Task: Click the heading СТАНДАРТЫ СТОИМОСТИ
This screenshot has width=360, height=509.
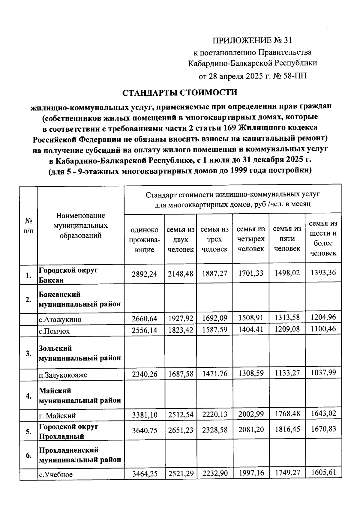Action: coord(180,92)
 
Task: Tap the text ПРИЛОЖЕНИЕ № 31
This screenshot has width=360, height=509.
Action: coord(252,40)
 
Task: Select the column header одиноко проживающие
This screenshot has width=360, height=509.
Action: coord(144,240)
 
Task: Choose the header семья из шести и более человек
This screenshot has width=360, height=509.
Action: coord(323,238)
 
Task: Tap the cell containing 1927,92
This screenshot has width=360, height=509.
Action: coord(181,318)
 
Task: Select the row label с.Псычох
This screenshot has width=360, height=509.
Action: coord(54,331)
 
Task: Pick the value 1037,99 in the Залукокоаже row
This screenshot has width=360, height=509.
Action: coord(323,373)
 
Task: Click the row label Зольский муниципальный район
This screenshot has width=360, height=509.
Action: coord(80,353)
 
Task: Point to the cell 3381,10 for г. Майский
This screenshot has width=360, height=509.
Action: coord(144,415)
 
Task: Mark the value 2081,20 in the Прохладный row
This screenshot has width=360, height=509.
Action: coord(251,430)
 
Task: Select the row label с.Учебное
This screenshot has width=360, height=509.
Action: coord(56,475)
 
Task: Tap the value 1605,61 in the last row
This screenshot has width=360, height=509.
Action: coord(323,473)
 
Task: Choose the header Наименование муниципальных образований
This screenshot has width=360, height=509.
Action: coord(80,225)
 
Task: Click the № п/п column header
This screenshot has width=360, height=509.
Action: coord(28,226)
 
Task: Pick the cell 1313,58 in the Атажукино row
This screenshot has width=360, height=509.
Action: coord(287,318)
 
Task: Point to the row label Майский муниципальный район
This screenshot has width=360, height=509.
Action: coord(80,396)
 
